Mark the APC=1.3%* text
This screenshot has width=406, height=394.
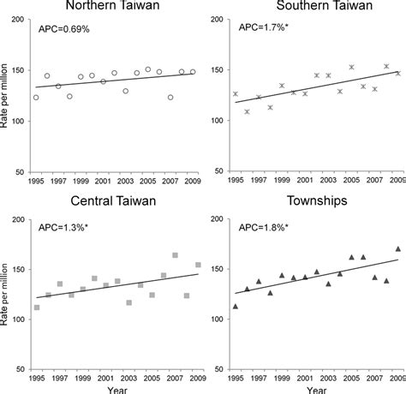point(64,227)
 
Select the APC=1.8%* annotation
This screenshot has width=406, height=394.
point(262,227)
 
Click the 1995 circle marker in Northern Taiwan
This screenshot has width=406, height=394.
point(36,98)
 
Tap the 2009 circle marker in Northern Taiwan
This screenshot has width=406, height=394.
point(193,72)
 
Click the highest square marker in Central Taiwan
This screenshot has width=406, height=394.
point(175,255)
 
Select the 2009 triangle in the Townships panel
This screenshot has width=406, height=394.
point(397,249)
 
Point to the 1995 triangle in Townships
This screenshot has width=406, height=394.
point(236,306)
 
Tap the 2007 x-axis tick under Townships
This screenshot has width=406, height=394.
point(374,379)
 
